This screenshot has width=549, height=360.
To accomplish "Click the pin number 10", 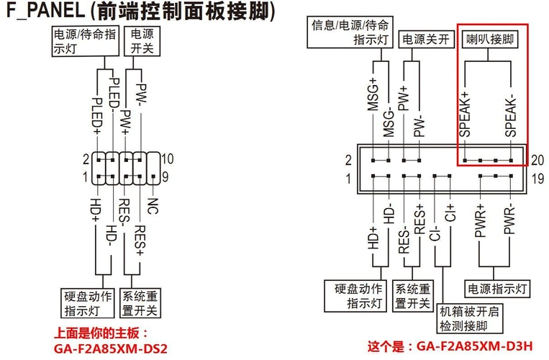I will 168,159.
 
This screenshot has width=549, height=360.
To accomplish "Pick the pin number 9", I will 166,176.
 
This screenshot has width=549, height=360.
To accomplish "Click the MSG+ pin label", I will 373,94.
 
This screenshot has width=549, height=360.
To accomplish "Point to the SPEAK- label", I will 510,115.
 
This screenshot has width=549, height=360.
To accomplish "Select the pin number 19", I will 537,178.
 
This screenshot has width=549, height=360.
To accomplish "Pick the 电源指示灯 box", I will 498,289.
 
